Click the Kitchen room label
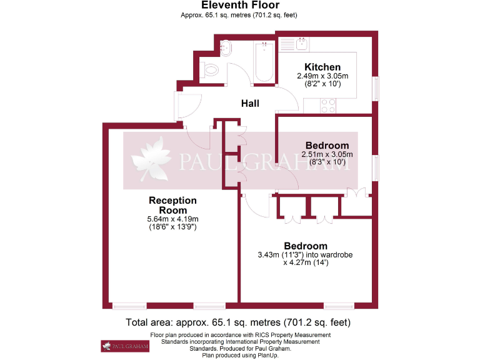[322, 67]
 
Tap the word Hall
[250, 103]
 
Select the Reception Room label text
[172, 205]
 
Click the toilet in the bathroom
[211, 70]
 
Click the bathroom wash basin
[226, 47]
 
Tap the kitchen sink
[302, 44]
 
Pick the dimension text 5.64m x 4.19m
[172, 219]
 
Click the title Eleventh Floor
[240, 6]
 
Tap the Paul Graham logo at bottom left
[125, 346]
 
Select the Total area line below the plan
[238, 322]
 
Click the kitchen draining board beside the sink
[287, 44]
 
